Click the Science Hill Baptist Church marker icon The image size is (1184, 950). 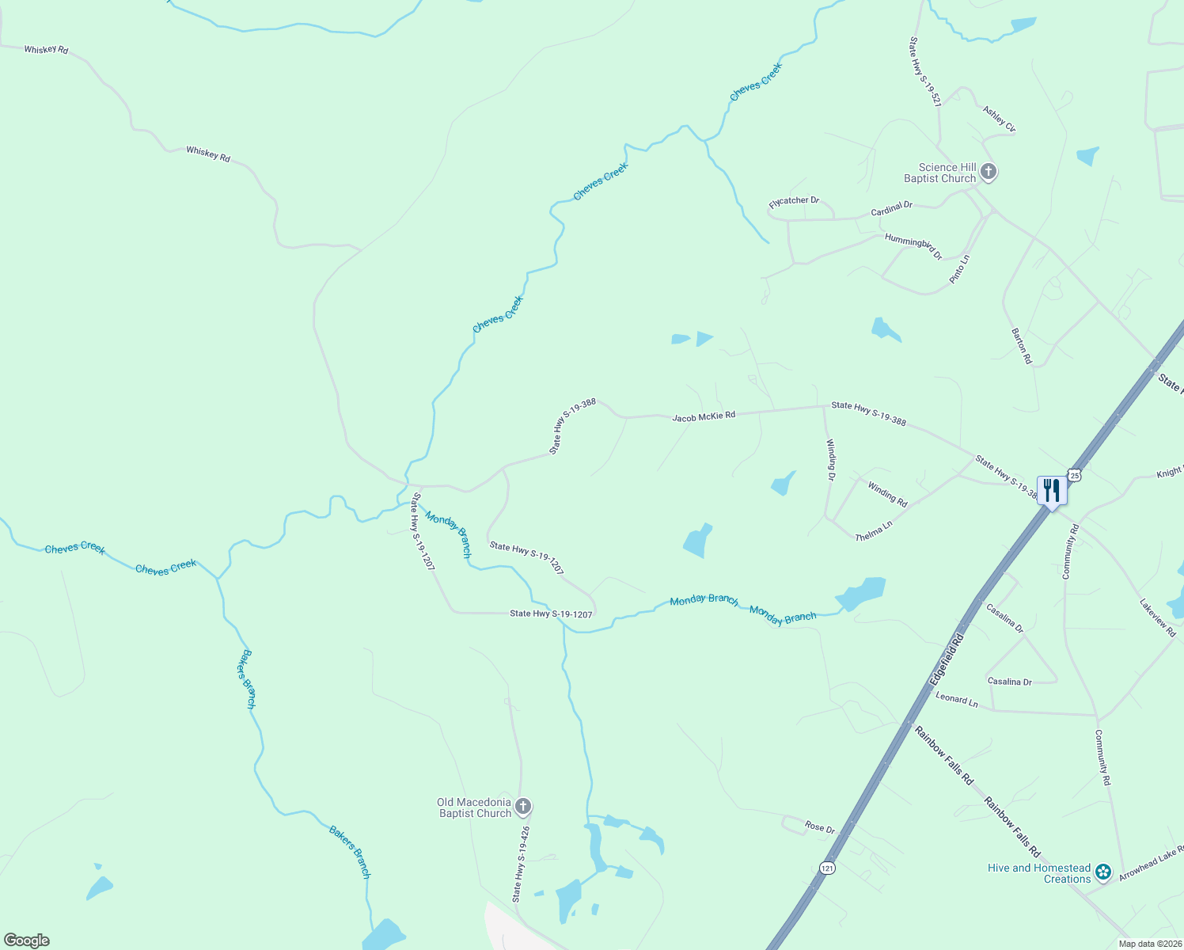coord(988,171)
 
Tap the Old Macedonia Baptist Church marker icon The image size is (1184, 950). coord(522,807)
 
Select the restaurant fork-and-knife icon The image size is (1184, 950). coord(1051,490)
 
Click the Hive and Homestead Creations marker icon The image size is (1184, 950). coord(1103,873)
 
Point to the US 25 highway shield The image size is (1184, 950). coord(1074,475)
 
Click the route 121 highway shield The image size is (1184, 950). coord(827,868)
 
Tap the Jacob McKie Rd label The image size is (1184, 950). coord(704,416)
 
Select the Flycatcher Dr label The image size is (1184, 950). coord(794,203)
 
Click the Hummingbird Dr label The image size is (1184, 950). coord(913,247)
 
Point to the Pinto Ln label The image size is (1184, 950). coord(959,270)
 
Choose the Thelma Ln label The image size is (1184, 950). coord(874,530)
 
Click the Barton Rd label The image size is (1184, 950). coord(1022,346)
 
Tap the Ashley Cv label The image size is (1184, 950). coord(999,119)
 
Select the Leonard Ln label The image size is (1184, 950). coord(956,701)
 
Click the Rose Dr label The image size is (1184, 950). coord(820,827)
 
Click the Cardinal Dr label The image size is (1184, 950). coord(892,209)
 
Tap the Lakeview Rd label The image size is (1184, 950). coord(1158,617)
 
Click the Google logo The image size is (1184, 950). coord(27,940)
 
